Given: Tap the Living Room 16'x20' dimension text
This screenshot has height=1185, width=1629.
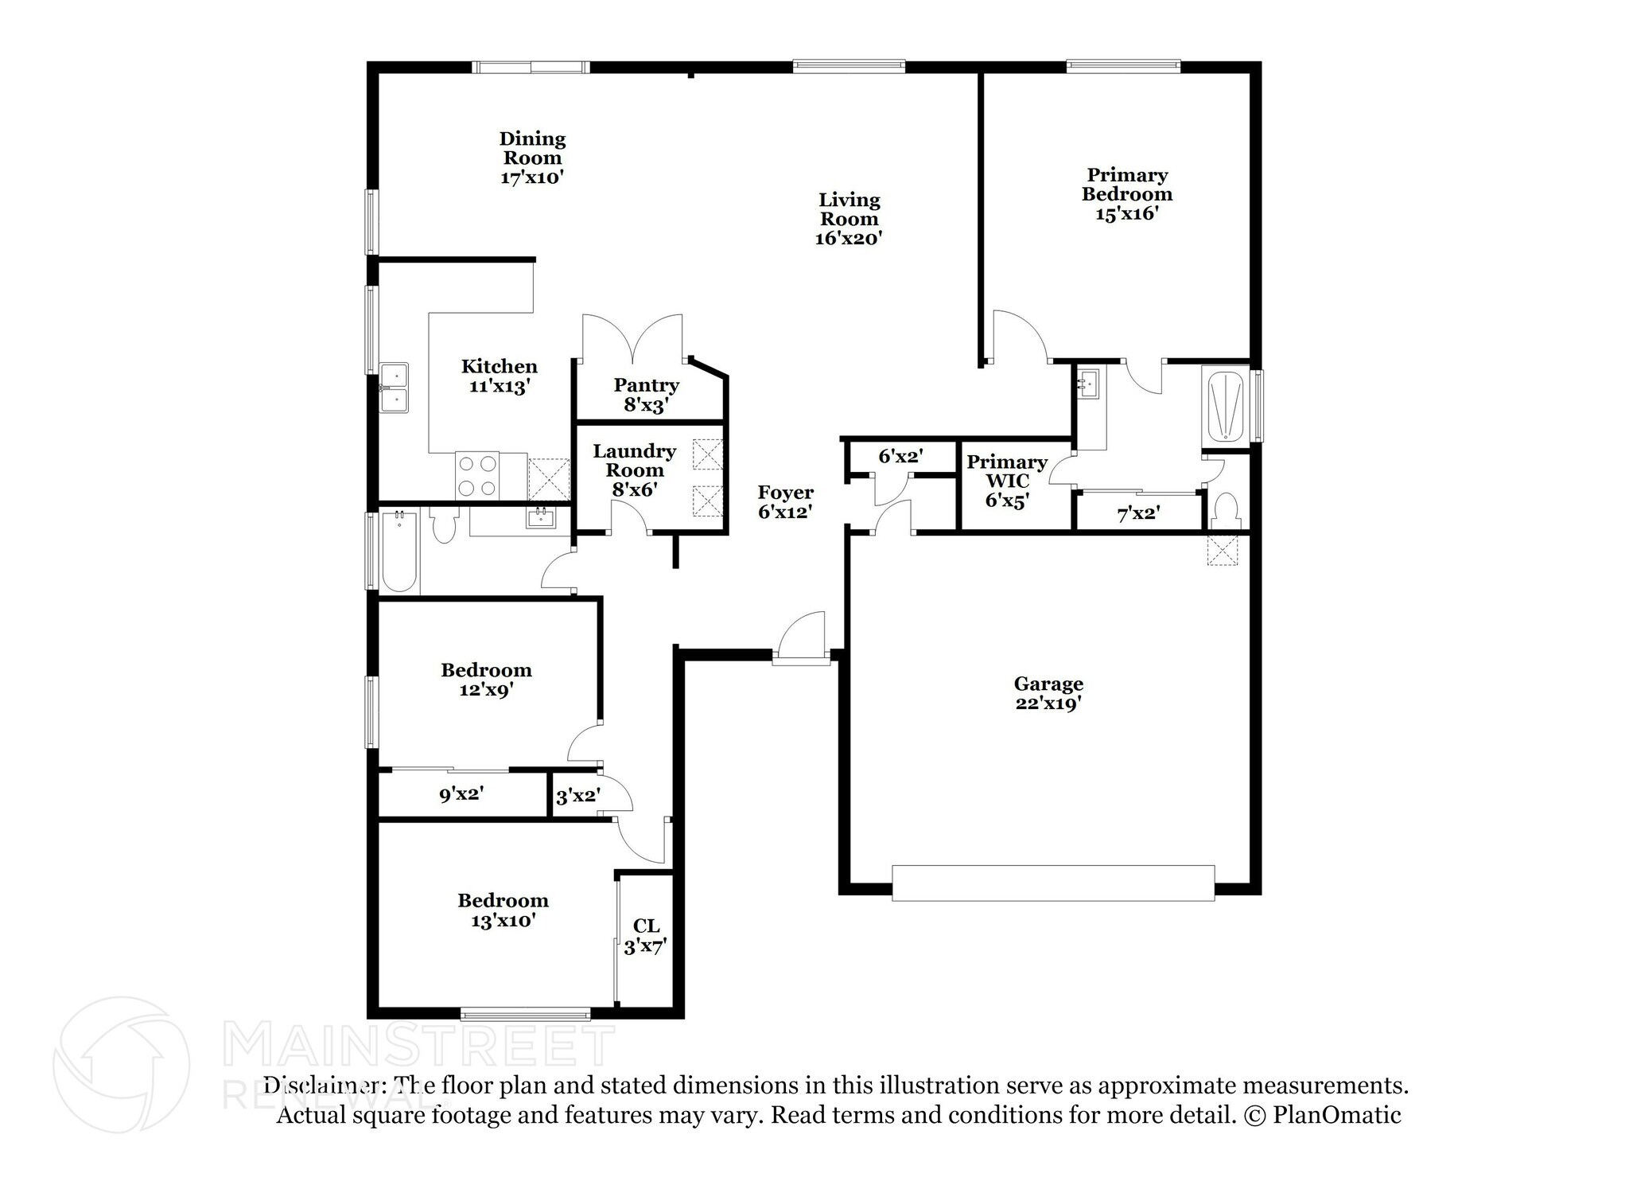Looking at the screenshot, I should pyautogui.click(x=849, y=238).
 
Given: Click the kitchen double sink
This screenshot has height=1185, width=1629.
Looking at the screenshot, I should pyautogui.click(x=394, y=388).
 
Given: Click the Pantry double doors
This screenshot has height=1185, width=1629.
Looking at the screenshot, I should pyautogui.click(x=632, y=338).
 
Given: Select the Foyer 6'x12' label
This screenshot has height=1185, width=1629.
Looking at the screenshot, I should pyautogui.click(x=785, y=502).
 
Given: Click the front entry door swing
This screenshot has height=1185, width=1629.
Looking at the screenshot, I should pyautogui.click(x=802, y=637).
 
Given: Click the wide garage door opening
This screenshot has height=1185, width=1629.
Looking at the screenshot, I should pyautogui.click(x=1052, y=883).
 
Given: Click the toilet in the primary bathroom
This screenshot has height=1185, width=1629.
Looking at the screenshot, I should pyautogui.click(x=1226, y=510).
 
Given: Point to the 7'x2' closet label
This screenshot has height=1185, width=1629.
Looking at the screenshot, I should pyautogui.click(x=1138, y=514).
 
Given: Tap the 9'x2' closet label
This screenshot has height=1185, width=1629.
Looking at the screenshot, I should pyautogui.click(x=461, y=793).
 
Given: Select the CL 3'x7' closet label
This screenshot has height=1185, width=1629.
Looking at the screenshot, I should pyautogui.click(x=645, y=936).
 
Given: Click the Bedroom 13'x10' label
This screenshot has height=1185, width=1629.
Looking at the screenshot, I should pyautogui.click(x=503, y=910).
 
